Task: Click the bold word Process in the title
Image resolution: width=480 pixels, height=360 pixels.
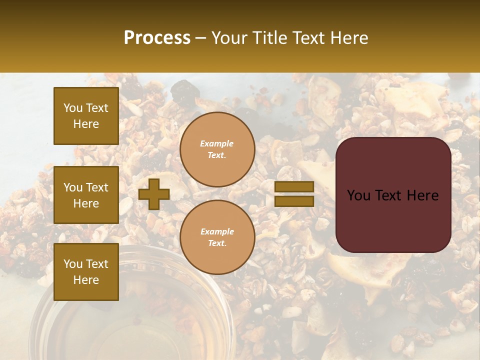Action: pos(157,38)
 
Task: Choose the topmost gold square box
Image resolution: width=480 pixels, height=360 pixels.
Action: pos(86,116)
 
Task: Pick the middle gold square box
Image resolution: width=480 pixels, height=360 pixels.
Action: pos(86,195)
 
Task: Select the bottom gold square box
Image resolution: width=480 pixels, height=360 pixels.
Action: pos(86,272)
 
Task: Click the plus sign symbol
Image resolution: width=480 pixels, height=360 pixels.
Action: pos(154,194)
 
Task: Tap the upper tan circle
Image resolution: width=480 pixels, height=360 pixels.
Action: pos(217,149)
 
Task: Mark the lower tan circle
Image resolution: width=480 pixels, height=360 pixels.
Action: pos(217,237)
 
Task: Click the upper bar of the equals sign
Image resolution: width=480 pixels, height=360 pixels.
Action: pos(294,186)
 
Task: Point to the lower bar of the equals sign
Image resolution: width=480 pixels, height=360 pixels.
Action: pos(294,201)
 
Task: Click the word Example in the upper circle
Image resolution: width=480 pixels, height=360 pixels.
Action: pos(217,143)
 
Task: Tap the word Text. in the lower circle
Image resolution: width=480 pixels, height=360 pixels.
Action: pos(217,243)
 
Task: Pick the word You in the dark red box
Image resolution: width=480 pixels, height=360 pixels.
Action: pos(358,195)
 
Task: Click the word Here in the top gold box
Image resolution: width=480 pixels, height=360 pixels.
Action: pos(86,124)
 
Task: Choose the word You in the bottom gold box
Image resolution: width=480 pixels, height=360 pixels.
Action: pos(73,264)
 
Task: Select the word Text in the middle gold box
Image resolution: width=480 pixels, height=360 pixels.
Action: pos(97,187)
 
